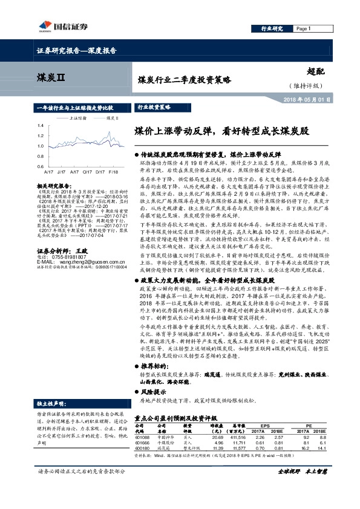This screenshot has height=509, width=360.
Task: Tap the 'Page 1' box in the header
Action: pos(309,28)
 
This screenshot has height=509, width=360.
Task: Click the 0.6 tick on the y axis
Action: pos(41,166)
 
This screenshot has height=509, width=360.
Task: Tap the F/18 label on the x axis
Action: pos(113,171)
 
